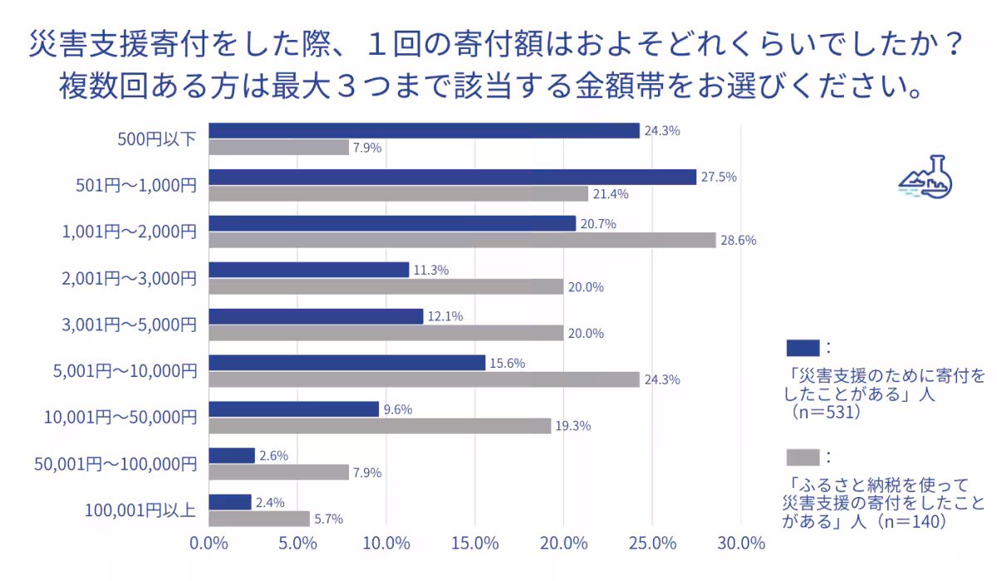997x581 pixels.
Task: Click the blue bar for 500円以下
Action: (424, 130)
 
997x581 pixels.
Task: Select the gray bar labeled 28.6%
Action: (462, 240)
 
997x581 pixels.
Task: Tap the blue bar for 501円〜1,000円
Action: (452, 177)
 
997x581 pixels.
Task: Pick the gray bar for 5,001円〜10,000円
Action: (424, 379)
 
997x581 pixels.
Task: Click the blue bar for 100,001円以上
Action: (229, 502)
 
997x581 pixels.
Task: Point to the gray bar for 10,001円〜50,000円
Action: (380, 426)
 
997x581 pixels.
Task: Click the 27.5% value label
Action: (719, 177)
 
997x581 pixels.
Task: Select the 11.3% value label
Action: (432, 270)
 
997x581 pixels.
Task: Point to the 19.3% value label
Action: (573, 426)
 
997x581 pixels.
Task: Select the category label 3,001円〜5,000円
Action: (129, 325)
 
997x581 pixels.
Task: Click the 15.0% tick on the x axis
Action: (474, 544)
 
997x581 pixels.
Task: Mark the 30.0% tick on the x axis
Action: (740, 544)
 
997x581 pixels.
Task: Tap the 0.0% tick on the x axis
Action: (209, 544)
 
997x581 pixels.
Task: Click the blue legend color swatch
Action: (802, 347)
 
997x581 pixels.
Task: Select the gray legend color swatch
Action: (802, 457)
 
